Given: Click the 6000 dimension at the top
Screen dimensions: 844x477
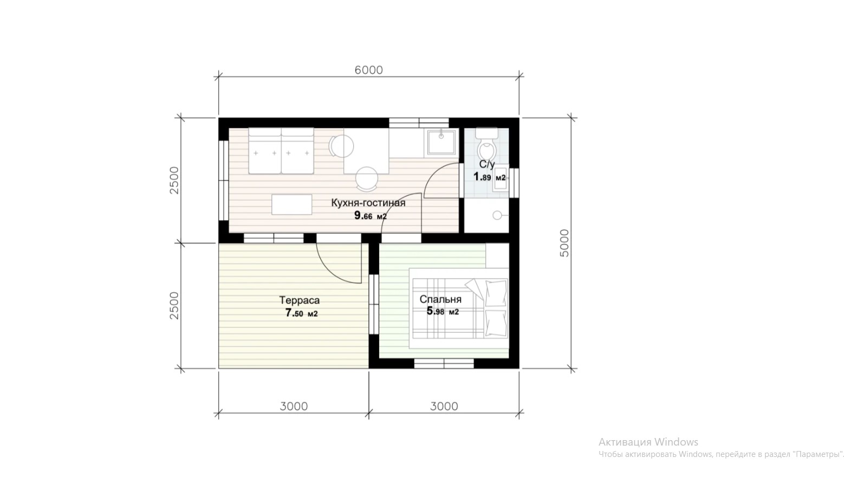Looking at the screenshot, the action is click(x=368, y=70).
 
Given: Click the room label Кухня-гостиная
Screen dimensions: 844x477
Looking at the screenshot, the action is click(x=368, y=203).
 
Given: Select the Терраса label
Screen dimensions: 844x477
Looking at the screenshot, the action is click(x=299, y=300).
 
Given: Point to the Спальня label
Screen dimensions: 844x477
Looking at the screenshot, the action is click(x=440, y=299).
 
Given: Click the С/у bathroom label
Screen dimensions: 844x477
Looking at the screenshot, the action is click(x=486, y=164).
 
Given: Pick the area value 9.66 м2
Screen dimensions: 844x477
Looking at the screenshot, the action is click(x=371, y=216).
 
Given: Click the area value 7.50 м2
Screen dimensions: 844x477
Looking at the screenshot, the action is click(x=301, y=313).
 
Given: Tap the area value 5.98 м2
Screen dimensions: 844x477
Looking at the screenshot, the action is click(x=443, y=312).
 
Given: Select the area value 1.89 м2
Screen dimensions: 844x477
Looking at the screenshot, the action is click(x=490, y=177).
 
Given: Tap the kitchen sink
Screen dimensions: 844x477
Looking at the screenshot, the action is click(x=441, y=142).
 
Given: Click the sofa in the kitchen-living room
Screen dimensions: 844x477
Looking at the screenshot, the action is click(x=281, y=151).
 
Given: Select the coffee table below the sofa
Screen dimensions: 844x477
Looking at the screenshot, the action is click(x=291, y=204).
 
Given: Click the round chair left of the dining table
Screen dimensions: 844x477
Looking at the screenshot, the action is click(x=341, y=146).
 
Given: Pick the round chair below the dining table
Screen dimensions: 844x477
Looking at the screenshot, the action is click(x=367, y=179).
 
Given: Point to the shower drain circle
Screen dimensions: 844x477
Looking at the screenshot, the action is click(x=497, y=215).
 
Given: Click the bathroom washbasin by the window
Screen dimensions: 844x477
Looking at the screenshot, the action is click(x=501, y=178).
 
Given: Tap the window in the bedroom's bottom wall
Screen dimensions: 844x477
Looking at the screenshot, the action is click(x=444, y=364).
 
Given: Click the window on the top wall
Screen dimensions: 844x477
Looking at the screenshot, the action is click(x=419, y=123).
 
